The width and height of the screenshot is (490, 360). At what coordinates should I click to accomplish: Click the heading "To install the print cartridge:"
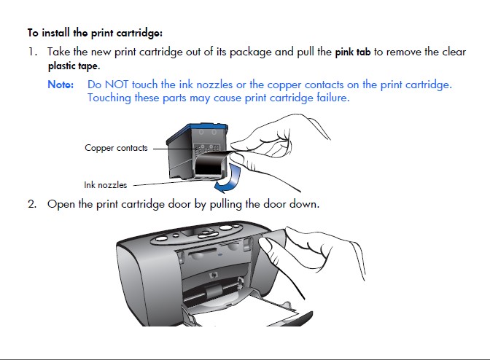95,33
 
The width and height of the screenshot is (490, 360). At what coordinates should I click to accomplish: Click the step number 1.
32,52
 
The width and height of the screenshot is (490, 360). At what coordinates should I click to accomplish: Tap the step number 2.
32,203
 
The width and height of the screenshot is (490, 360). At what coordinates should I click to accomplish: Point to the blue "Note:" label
61,85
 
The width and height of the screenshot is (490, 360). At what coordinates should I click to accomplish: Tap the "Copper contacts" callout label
116,148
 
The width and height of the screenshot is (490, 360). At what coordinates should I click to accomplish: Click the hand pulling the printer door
314,251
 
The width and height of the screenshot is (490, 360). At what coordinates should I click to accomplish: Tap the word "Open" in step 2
61,203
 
